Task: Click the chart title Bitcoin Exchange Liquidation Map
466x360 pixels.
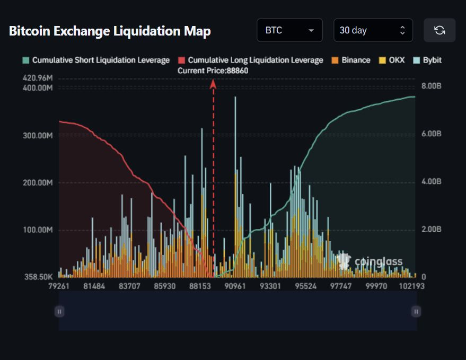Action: point(110,31)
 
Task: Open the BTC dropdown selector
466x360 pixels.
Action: point(289,30)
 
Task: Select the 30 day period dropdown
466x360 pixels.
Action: point(373,30)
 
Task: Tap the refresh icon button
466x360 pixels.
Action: point(439,30)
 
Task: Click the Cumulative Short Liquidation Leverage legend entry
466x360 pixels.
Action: point(96,60)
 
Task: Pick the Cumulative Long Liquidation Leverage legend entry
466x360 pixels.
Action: point(251,60)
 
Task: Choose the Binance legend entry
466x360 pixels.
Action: point(351,60)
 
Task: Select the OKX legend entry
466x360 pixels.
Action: point(392,60)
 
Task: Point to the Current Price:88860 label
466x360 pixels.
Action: point(213,71)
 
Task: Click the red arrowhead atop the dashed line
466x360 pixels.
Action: point(214,83)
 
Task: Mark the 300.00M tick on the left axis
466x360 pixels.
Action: point(38,135)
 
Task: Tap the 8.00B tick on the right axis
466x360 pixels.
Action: point(431,86)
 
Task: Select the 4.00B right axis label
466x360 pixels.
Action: point(431,181)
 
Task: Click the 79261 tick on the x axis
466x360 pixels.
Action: point(59,286)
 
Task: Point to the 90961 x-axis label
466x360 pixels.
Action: point(235,286)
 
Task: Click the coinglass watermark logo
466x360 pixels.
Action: point(371,261)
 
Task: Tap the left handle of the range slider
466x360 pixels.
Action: point(59,311)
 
